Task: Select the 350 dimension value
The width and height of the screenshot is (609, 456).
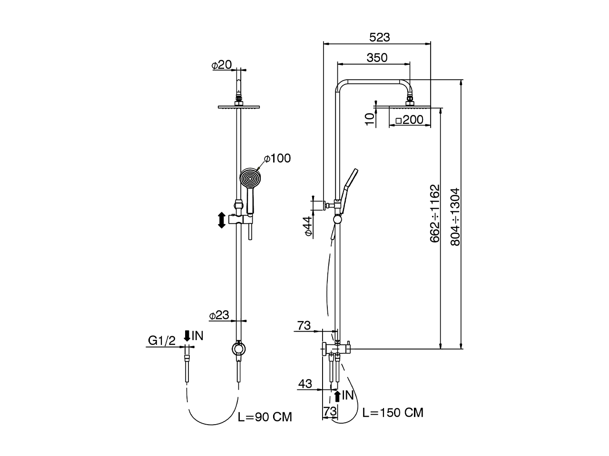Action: (377, 58)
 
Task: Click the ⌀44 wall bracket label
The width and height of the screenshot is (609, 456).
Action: (308, 226)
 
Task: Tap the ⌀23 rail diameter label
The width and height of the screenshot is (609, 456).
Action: (219, 315)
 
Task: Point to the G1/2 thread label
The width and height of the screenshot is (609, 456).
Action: (162, 340)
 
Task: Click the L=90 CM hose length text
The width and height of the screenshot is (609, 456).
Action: (265, 418)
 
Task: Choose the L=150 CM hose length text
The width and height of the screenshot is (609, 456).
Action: (393, 412)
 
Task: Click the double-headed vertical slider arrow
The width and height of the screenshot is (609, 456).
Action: (221, 220)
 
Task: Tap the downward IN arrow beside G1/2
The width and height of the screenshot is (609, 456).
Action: (187, 336)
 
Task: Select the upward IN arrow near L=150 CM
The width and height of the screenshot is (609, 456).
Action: (337, 395)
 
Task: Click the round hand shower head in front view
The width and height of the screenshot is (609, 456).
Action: (250, 179)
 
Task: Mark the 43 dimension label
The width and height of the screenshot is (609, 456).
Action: (305, 384)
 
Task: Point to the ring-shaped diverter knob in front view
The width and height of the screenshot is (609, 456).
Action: (239, 349)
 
